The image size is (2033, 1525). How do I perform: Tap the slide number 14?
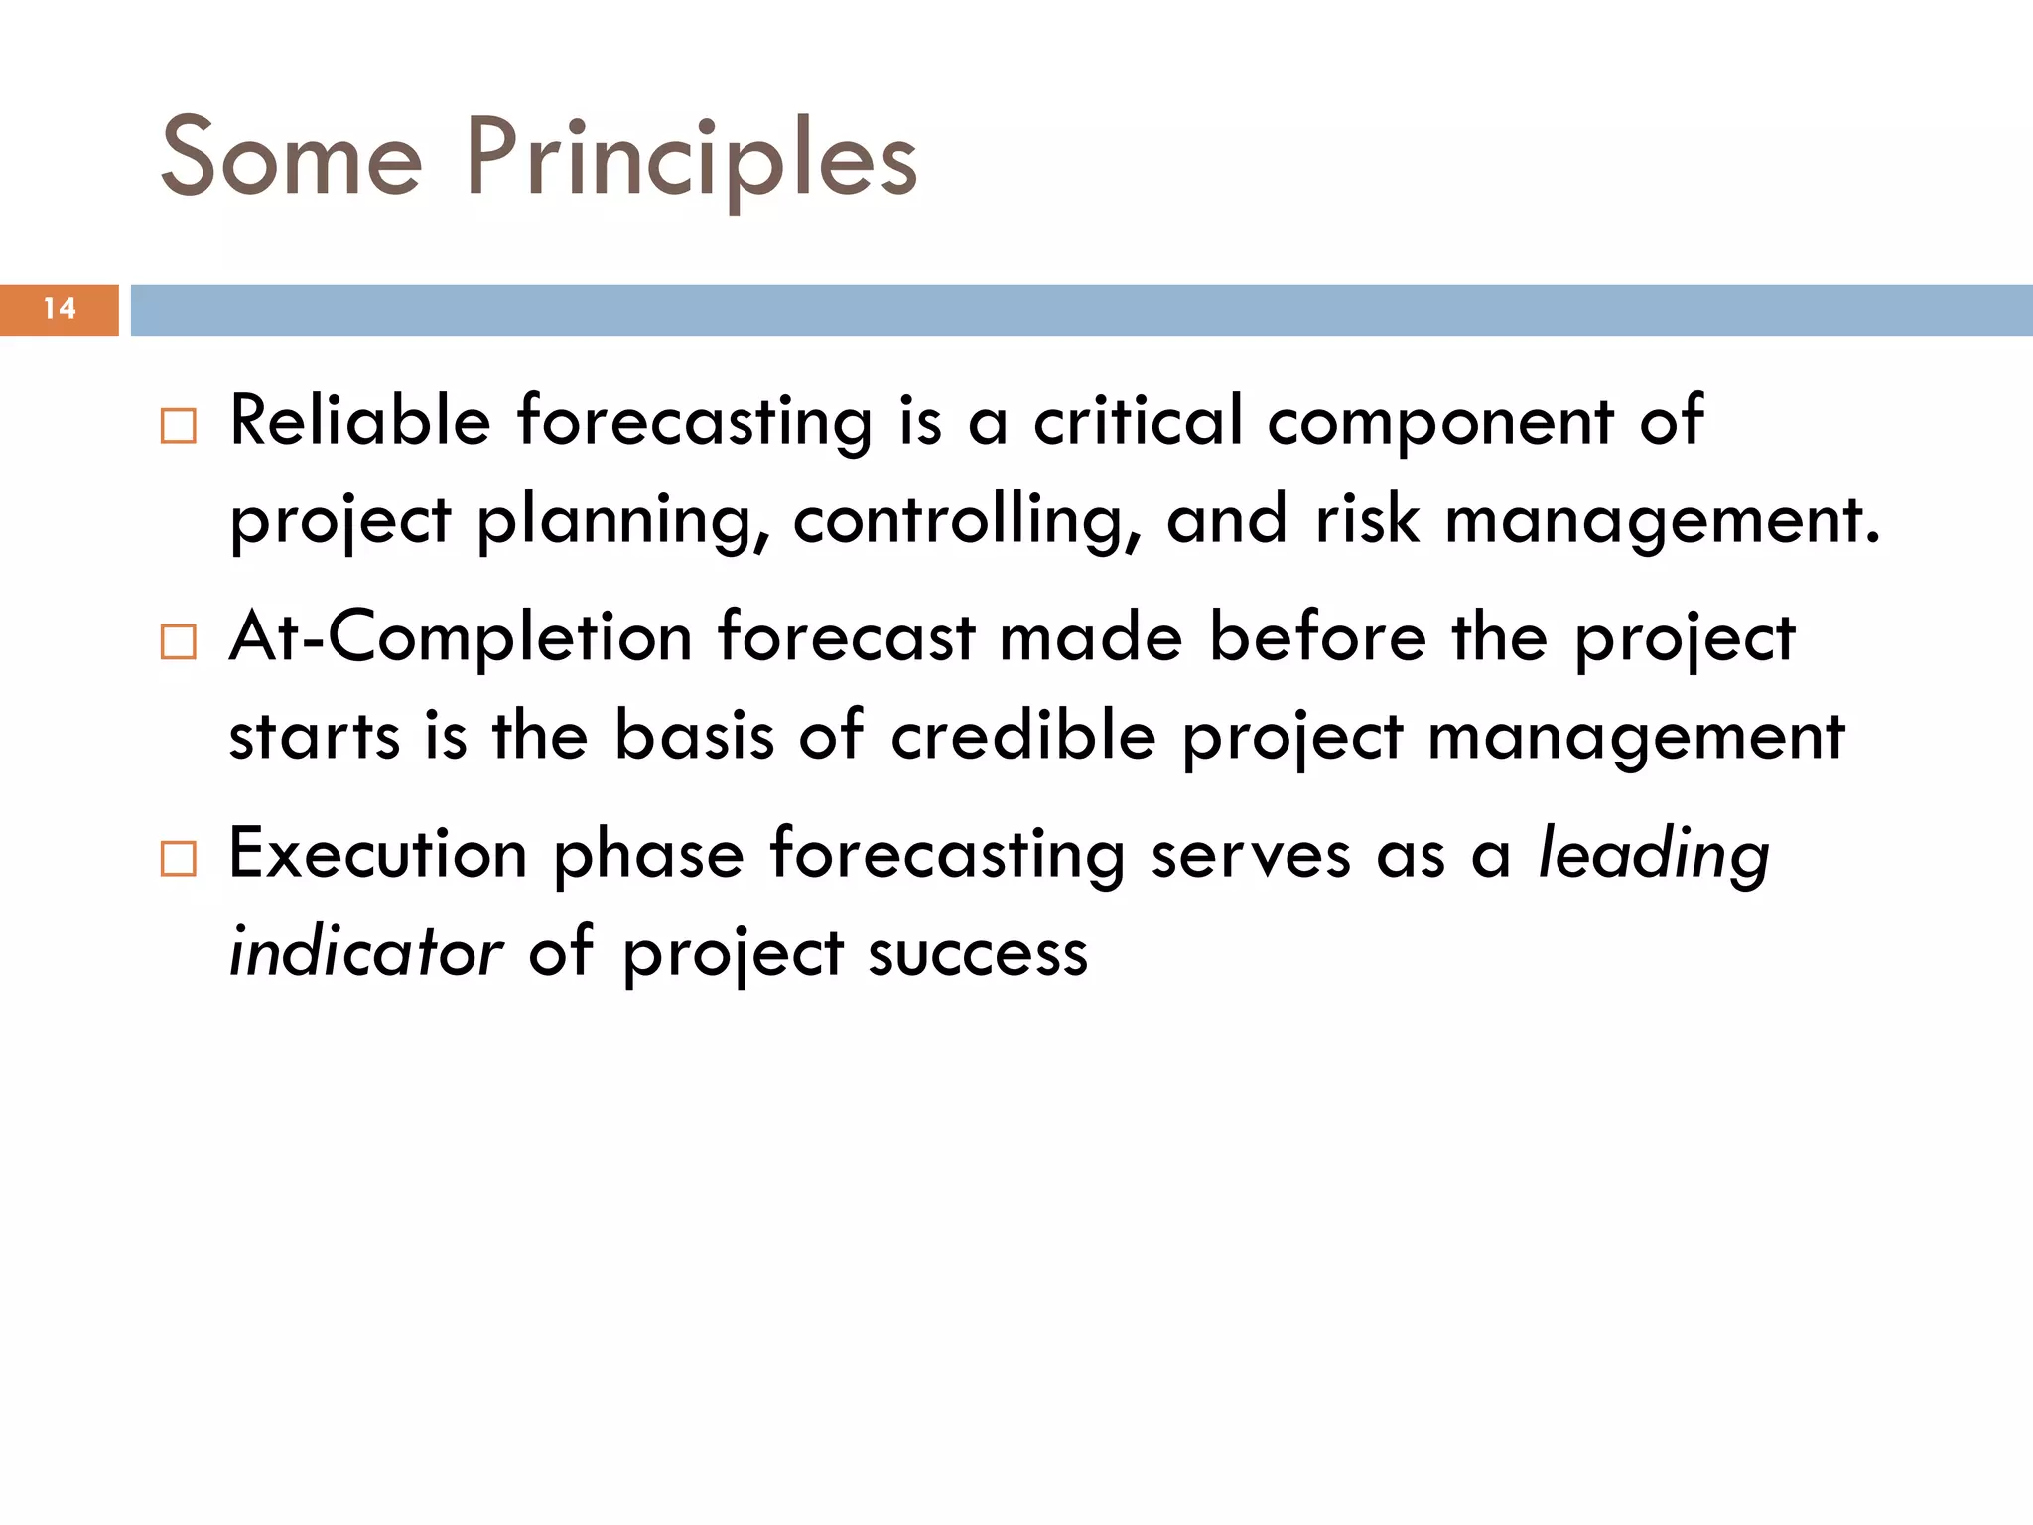coord(60,309)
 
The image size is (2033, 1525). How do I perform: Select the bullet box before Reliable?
coord(179,426)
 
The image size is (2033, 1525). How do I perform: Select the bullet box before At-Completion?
coord(179,642)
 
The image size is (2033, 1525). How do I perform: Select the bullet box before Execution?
coord(179,858)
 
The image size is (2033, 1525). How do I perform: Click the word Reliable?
coord(360,421)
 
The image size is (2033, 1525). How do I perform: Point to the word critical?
coord(1138,421)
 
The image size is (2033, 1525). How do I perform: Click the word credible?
coord(1023,737)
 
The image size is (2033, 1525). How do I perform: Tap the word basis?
coord(694,737)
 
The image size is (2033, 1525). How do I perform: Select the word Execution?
coord(378,854)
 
